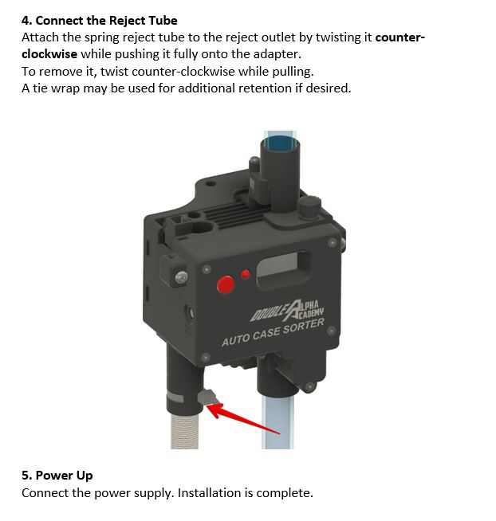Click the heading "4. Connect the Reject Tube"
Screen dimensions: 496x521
point(99,21)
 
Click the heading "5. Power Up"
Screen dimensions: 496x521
point(57,476)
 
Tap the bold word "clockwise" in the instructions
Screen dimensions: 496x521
point(49,54)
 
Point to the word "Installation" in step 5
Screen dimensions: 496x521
point(209,493)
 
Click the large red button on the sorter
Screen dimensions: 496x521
point(226,284)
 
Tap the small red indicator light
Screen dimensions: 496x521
point(245,274)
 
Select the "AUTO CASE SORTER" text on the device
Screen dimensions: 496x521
point(273,332)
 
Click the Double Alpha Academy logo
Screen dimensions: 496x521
point(287,311)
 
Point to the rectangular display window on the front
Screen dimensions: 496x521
point(283,269)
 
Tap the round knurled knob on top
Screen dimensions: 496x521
point(309,207)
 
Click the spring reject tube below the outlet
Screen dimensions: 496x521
point(184,431)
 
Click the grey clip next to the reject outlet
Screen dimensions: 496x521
point(207,397)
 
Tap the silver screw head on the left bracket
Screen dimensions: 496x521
point(181,276)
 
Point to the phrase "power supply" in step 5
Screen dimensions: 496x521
point(134,493)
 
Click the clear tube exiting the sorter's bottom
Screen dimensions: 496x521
point(278,421)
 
